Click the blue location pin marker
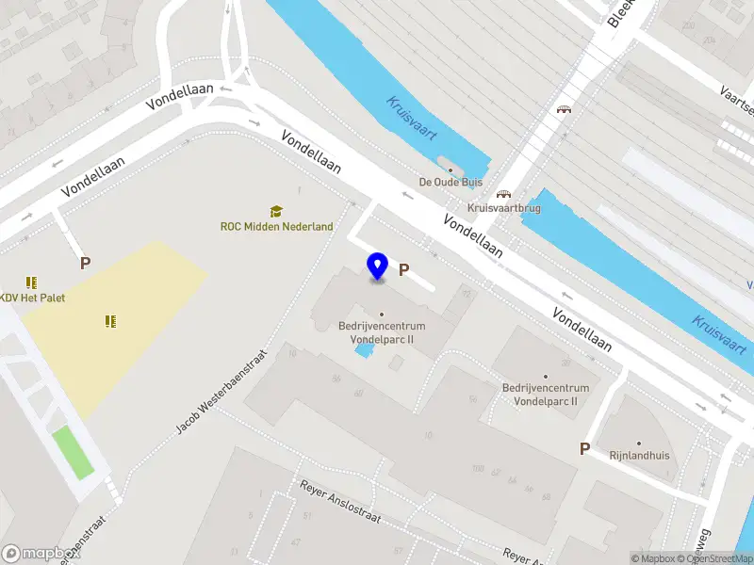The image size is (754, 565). [378, 266]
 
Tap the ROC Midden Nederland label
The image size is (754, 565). [277, 226]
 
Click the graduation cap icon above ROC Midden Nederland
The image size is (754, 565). [276, 211]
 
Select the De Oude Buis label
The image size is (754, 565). [450, 183]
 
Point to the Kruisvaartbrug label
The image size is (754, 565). [504, 208]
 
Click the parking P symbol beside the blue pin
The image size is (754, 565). [404, 270]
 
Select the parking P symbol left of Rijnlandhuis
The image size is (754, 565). [584, 449]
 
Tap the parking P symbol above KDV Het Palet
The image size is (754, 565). [85, 264]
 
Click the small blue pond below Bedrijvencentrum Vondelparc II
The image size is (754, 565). [363, 351]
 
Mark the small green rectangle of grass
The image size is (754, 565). [73, 451]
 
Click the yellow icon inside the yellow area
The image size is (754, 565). [111, 321]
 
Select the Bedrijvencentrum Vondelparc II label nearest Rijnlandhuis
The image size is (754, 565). [546, 395]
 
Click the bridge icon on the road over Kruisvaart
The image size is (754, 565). [564, 109]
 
